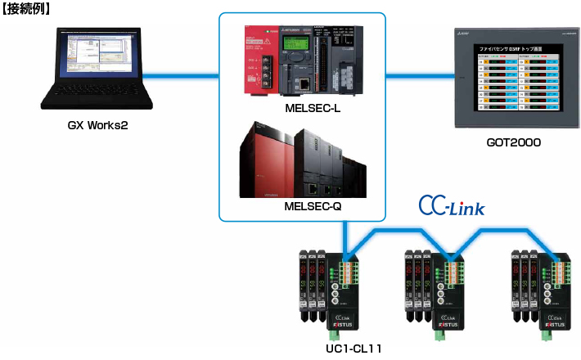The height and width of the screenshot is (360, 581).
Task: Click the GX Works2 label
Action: pyautogui.click(x=97, y=127)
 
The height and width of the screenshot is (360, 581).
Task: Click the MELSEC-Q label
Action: pyautogui.click(x=307, y=207)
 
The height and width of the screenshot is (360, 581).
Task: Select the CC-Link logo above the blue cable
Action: pyautogui.click(x=451, y=205)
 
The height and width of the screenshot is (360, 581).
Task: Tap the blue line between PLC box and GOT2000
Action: pyautogui.click(x=418, y=76)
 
